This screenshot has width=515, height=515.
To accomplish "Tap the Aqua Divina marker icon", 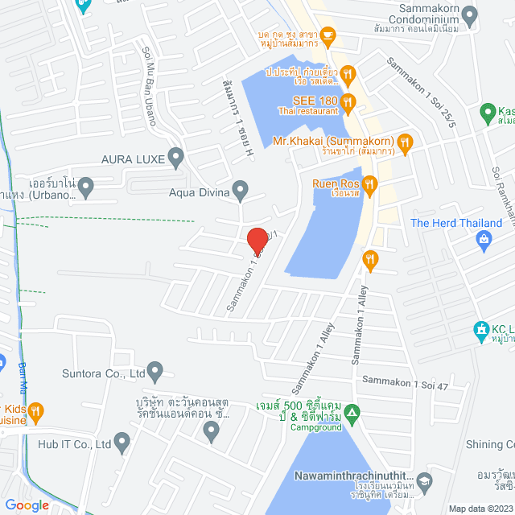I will [x=240, y=191].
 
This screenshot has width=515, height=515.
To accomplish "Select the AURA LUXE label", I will [x=133, y=160].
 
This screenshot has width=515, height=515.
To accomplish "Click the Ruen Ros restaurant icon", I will [x=369, y=184].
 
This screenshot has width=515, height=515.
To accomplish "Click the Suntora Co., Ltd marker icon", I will [x=155, y=372].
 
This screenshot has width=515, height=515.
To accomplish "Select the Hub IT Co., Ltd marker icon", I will [x=122, y=442].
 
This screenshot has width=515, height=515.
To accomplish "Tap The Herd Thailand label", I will [x=456, y=223].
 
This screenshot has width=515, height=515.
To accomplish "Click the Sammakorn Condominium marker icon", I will [x=470, y=13].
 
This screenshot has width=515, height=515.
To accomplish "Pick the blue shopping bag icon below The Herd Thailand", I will [x=484, y=239].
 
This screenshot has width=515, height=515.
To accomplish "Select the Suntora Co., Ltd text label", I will [x=103, y=373].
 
